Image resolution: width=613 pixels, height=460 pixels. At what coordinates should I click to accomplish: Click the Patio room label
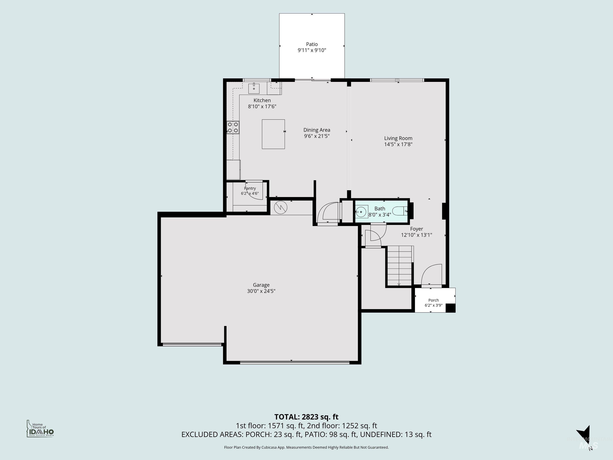pos(312,44)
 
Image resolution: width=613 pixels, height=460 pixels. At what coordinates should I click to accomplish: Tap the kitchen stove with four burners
pos(233,128)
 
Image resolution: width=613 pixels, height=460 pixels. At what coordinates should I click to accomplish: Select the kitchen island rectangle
pos(273,134)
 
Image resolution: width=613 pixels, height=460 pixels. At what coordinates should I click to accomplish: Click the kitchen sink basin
pos(254,88)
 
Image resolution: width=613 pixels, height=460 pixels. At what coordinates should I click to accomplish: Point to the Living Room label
pos(398,138)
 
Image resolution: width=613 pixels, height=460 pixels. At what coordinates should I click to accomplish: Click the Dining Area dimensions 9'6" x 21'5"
pos(317,136)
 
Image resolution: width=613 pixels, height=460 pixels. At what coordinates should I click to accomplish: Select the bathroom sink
pos(361,212)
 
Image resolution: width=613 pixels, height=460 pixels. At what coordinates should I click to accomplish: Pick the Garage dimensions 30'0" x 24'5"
pos(261,291)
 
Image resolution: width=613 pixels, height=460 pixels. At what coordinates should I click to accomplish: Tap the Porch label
pos(433,300)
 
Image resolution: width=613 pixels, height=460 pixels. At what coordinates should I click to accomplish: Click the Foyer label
pos(416,229)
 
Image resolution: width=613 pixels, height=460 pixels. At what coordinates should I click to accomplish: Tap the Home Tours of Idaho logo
pos(40,429)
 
